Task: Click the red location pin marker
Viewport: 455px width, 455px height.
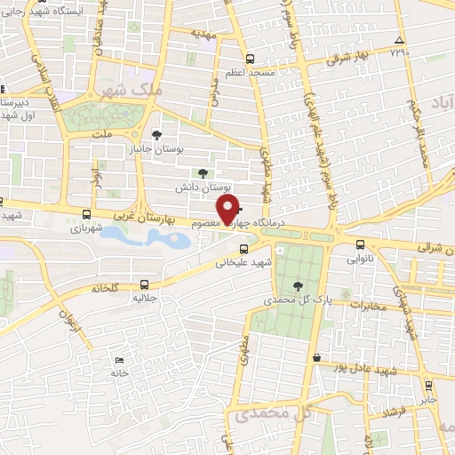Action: (x=229, y=210)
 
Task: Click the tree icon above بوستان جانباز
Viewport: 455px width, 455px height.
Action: (x=157, y=135)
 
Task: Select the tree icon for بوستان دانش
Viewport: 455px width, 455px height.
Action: (x=204, y=173)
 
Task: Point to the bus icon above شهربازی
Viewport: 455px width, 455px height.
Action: (x=86, y=214)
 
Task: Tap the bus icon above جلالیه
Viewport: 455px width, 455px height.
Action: (x=145, y=284)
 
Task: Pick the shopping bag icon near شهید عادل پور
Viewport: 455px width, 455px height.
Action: (x=317, y=357)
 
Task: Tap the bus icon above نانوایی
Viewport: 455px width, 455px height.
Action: (x=359, y=244)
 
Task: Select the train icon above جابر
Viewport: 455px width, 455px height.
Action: (x=429, y=386)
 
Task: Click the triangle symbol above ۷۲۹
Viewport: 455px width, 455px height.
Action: (x=400, y=41)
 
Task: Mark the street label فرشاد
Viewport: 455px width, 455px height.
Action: (x=390, y=411)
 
